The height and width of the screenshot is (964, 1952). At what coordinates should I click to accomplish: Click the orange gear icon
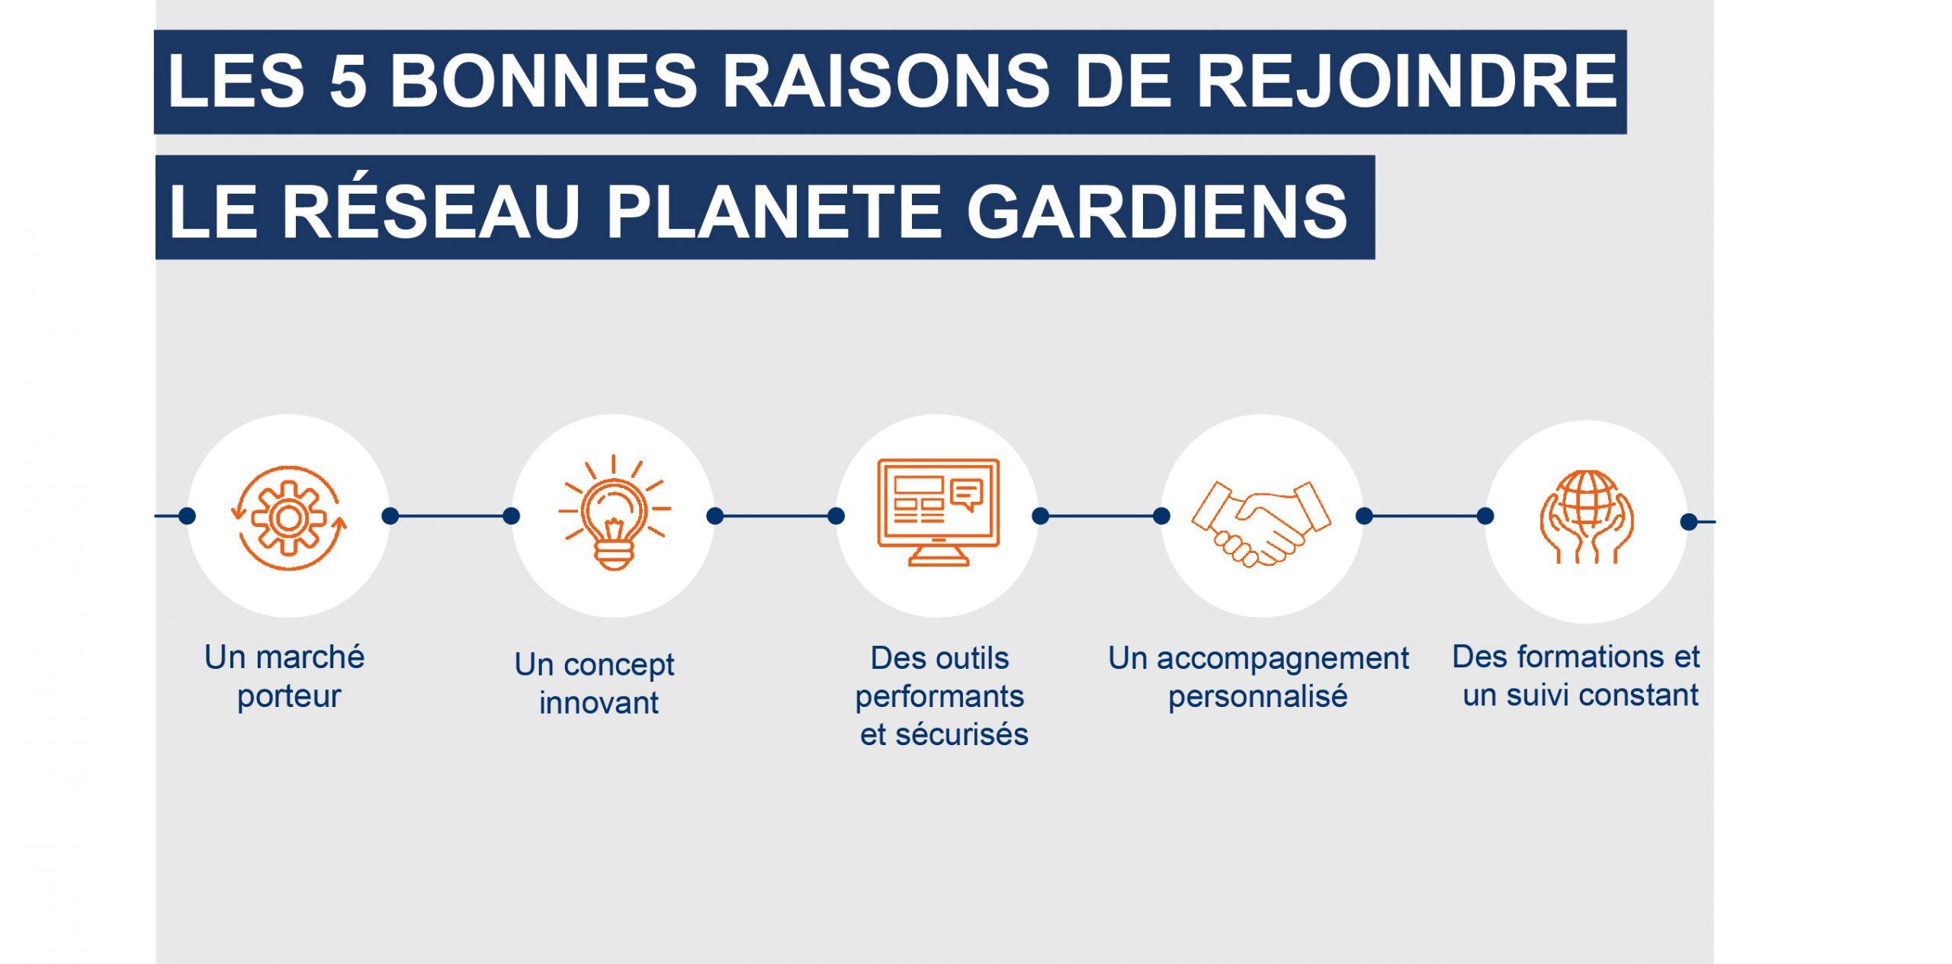click(x=288, y=518)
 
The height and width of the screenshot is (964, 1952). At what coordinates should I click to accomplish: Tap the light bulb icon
click(x=614, y=512)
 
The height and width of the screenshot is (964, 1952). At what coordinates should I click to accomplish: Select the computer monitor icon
click(x=938, y=512)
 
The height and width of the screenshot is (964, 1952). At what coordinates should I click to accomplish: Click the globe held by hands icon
click(x=1586, y=516)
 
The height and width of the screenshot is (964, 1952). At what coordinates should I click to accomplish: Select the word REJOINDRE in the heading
click(x=1407, y=81)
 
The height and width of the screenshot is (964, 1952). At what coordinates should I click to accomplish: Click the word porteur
click(x=288, y=697)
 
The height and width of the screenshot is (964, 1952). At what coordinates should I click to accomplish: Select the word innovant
click(x=599, y=702)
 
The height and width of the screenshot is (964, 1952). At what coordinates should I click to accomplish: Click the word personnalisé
click(x=1258, y=696)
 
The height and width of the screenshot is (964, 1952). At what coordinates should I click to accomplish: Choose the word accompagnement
click(x=1283, y=659)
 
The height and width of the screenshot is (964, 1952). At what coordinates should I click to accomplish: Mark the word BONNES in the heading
click(x=543, y=81)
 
